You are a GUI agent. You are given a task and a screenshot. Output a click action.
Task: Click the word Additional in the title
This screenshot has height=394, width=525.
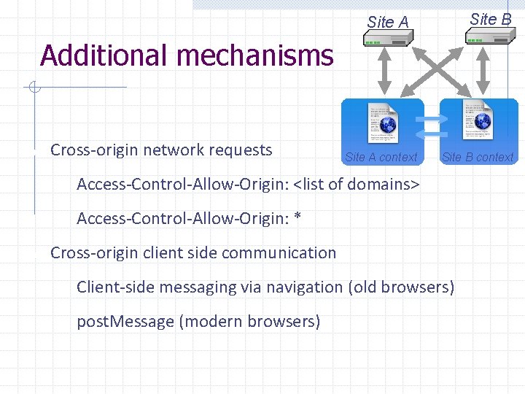click(101, 55)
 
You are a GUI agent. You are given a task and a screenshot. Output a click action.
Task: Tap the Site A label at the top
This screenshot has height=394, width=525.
click(388, 22)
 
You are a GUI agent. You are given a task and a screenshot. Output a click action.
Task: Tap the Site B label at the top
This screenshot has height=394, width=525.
click(491, 19)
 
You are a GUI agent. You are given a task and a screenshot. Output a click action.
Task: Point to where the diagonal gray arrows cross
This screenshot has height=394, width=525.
click(434, 73)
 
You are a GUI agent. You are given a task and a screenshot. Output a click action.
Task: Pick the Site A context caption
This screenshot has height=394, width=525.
click(381, 157)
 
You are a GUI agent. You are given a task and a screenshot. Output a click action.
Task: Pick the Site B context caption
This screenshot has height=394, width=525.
click(478, 157)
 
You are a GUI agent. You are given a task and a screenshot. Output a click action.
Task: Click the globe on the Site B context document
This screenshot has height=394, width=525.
click(483, 122)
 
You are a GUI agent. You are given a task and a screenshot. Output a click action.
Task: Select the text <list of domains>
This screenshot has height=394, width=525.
click(357, 185)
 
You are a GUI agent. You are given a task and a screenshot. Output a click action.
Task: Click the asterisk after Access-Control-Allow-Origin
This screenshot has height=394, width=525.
click(297, 217)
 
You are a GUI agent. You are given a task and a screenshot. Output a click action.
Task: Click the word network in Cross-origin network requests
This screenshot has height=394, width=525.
click(174, 150)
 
